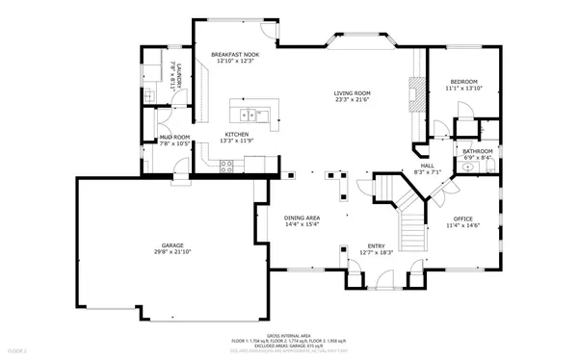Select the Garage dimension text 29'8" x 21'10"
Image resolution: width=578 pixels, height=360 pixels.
pyautogui.click(x=172, y=252)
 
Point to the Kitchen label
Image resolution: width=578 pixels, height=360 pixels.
pyautogui.click(x=237, y=134)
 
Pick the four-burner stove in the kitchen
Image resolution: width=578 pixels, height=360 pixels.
pyautogui.click(x=227, y=165)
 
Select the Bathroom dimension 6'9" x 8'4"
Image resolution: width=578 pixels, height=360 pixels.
pyautogui.click(x=478, y=158)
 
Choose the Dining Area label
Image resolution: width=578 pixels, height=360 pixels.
pyautogui.click(x=302, y=218)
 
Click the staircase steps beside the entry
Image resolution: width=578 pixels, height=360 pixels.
pyautogui.click(x=412, y=231)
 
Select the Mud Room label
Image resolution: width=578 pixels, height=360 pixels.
pyautogui.click(x=173, y=137)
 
